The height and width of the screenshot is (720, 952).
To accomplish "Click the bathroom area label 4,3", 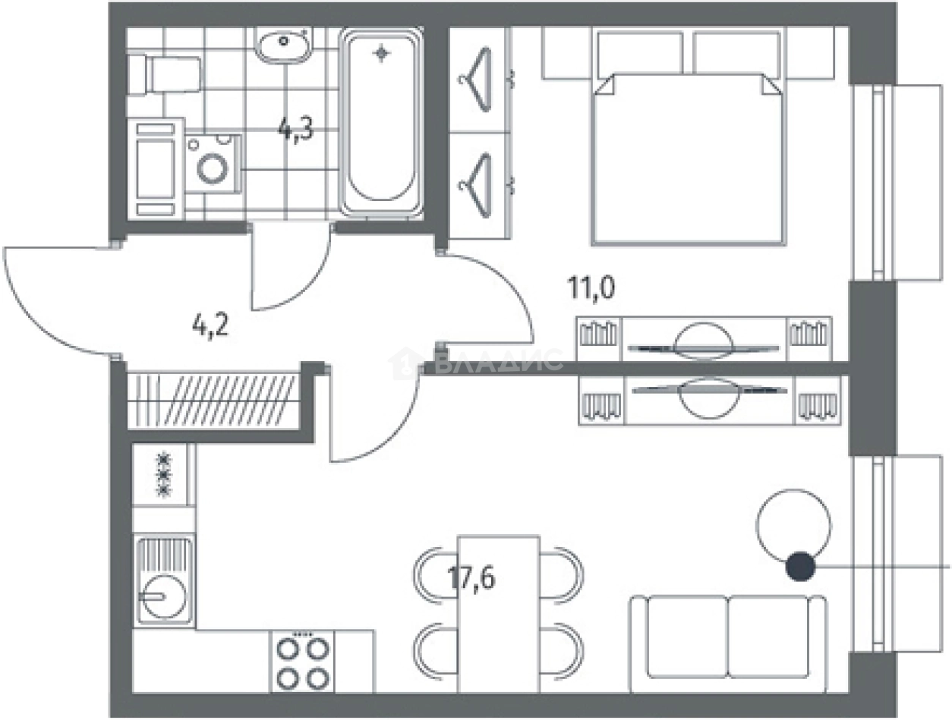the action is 297,129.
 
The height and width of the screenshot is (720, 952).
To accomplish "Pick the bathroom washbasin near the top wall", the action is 283,45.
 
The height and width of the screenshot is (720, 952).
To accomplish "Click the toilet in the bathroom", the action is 165,74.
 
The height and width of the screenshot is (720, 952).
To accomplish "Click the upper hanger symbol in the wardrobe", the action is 476,79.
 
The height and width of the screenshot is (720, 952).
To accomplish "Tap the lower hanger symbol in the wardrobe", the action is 476,186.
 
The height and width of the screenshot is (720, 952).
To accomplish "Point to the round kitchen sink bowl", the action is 165,596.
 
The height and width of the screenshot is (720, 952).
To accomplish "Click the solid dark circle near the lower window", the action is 801,567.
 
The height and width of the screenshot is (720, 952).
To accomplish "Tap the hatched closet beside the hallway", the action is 213,401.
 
